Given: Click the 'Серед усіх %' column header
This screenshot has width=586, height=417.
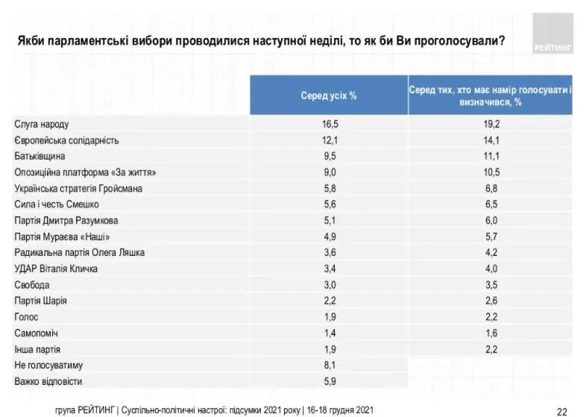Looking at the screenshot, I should coord(329,95).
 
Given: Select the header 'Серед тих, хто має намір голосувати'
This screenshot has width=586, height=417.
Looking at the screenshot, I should coord(490,95).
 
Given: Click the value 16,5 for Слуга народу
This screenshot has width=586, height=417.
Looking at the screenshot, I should coord(329,125).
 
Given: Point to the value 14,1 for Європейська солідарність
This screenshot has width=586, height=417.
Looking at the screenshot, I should coord(491,140).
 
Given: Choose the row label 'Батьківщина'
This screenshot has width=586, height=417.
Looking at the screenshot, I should coord(40,157).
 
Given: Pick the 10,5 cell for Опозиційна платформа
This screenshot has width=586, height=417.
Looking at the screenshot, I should coord(491,172).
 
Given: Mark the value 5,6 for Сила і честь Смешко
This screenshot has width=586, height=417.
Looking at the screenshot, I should coord(329,204).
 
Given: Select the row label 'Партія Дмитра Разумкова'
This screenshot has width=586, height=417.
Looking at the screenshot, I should coord(66,221).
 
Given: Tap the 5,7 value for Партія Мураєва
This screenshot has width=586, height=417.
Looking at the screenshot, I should coord(491,236).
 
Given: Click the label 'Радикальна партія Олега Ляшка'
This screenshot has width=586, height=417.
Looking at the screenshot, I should coord(79,253).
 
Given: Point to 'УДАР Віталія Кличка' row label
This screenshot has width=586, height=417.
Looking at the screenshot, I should coord(56,269).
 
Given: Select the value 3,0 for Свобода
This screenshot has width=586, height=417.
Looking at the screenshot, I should coord(329,285).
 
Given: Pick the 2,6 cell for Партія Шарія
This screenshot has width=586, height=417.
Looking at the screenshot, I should coord(491,301).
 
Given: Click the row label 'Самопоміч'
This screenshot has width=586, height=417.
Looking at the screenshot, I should coord(36,333).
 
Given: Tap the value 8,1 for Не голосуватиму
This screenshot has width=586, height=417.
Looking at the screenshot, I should coord(329,365).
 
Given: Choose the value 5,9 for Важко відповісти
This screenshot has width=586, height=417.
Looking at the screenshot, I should coord(329,381).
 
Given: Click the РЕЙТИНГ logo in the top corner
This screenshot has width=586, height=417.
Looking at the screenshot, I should coord(553,34).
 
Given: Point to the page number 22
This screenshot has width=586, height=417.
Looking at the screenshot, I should coord(562,410).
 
